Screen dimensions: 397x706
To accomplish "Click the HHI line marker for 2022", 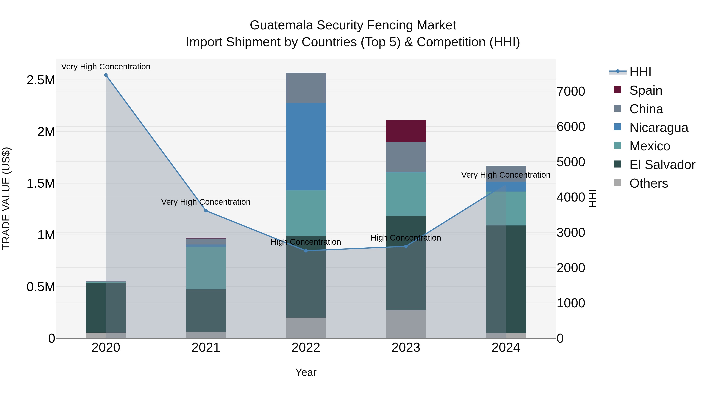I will [306, 251].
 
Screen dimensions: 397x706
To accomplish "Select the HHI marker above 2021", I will [206, 211].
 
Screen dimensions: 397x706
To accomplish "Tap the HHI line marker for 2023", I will [406, 246].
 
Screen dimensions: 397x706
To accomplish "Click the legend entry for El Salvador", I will [662, 165].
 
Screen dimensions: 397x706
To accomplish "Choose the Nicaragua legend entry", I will [658, 128].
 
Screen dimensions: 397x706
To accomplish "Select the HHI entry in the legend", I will [640, 72].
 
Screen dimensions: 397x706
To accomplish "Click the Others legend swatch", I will [618, 183].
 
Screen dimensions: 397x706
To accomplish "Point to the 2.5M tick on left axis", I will [41, 80].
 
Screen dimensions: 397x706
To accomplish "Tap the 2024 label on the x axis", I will [506, 348].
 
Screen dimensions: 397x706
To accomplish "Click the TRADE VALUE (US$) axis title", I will [6, 198].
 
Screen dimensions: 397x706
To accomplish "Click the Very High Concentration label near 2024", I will [505, 175].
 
